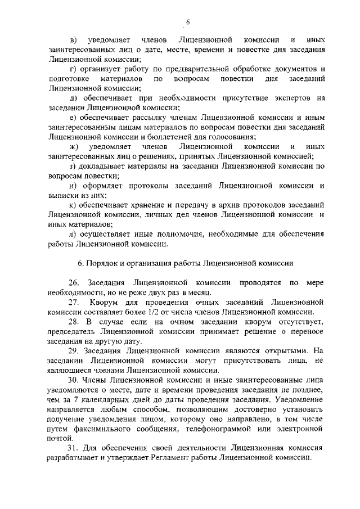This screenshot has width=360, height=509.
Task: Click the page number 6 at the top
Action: (x=188, y=21)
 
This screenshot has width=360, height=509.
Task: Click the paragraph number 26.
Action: (x=73, y=283)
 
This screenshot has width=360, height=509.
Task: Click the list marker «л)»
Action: (x=73, y=233)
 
